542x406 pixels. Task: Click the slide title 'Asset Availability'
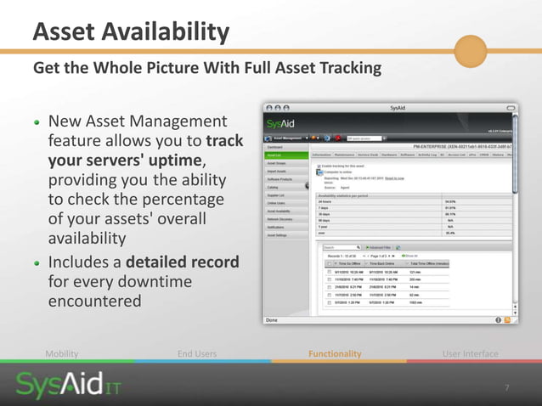tap(131, 32)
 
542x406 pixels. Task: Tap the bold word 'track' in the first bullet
tap(224, 141)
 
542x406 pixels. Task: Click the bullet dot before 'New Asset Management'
tap(37, 121)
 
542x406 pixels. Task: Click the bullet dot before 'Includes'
tap(37, 262)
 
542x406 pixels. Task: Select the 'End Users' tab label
tap(197, 353)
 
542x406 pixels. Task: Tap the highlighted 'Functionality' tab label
tap(334, 353)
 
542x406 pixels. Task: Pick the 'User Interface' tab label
tap(471, 353)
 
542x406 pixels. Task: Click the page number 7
tap(507, 388)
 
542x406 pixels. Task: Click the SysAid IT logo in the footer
tap(66, 387)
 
